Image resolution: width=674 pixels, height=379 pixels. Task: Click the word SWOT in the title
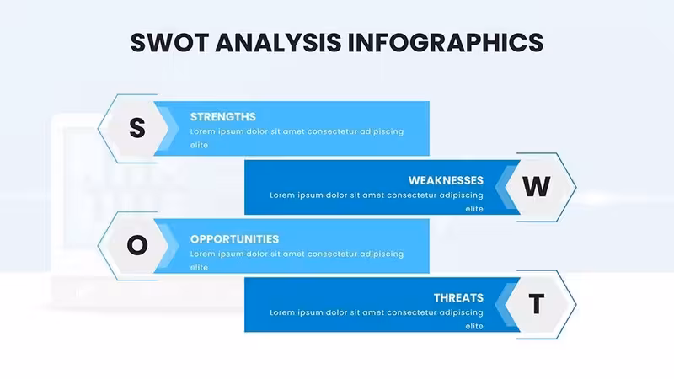coord(169,43)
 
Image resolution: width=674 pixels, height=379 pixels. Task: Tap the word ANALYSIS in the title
coord(278,43)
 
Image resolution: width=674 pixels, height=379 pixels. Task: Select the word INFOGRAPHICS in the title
coord(446,43)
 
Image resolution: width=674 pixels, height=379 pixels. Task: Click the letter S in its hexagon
coord(137,128)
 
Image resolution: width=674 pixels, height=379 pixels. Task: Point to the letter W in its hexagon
coord(536,186)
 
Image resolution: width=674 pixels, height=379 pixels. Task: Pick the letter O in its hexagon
coord(137,245)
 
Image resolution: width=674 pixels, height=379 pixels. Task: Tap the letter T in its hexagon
coord(536,304)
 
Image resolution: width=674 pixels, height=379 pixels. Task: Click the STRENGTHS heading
coord(222,117)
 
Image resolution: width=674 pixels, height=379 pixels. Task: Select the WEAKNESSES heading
coord(446,180)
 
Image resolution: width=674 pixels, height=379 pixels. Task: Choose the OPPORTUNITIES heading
coord(234,239)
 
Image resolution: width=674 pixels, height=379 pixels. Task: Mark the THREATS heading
coord(458,298)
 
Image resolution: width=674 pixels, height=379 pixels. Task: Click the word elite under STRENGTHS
coord(199,145)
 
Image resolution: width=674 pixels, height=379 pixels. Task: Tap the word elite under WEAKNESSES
coord(474,209)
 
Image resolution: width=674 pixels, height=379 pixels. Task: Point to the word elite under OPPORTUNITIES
coord(199,267)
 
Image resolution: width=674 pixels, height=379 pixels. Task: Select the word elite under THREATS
coord(474,326)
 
